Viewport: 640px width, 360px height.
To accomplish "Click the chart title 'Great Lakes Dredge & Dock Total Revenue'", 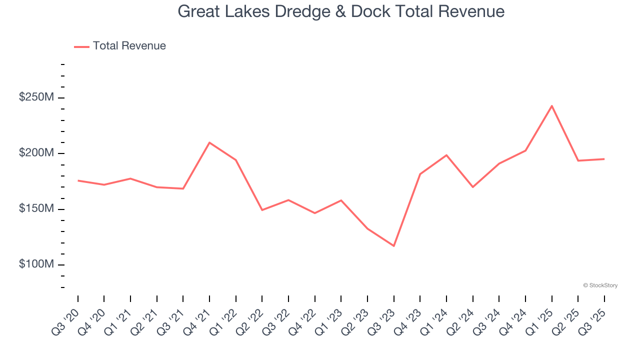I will click(x=341, y=11).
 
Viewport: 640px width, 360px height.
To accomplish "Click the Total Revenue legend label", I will click(x=129, y=46).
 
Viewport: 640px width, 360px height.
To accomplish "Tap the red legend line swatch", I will click(x=81, y=46).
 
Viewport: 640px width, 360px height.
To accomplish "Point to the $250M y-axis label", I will click(x=36, y=97).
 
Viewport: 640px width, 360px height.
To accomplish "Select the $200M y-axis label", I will click(x=36, y=153).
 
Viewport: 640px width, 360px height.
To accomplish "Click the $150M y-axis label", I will click(x=36, y=208).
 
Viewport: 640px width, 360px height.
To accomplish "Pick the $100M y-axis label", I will click(x=36, y=264).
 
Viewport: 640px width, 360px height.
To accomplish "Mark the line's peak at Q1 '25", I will click(x=551, y=106).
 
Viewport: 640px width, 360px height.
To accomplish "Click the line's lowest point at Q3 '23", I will click(x=394, y=245).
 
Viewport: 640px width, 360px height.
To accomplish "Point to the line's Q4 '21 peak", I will click(x=209, y=142).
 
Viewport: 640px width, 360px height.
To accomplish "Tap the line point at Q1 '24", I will click(x=446, y=155).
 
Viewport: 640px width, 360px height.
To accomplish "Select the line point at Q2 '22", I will click(x=262, y=210).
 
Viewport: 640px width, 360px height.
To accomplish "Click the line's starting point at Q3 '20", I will click(x=78, y=180).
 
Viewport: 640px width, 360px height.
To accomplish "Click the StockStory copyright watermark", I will click(x=600, y=285).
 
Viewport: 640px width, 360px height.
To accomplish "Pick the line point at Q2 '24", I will click(x=472, y=187).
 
